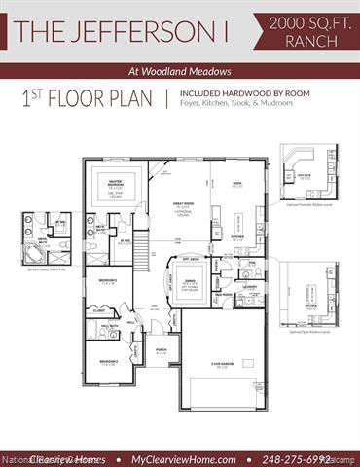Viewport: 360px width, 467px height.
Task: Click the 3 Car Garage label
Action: point(223,367)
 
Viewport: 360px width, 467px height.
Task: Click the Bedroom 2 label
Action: point(107,282)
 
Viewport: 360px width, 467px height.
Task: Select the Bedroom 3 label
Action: point(105,337)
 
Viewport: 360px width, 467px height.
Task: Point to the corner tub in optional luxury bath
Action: point(35,250)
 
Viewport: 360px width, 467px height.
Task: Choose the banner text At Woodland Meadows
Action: point(180,70)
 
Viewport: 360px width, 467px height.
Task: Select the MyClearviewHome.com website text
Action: point(183,457)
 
